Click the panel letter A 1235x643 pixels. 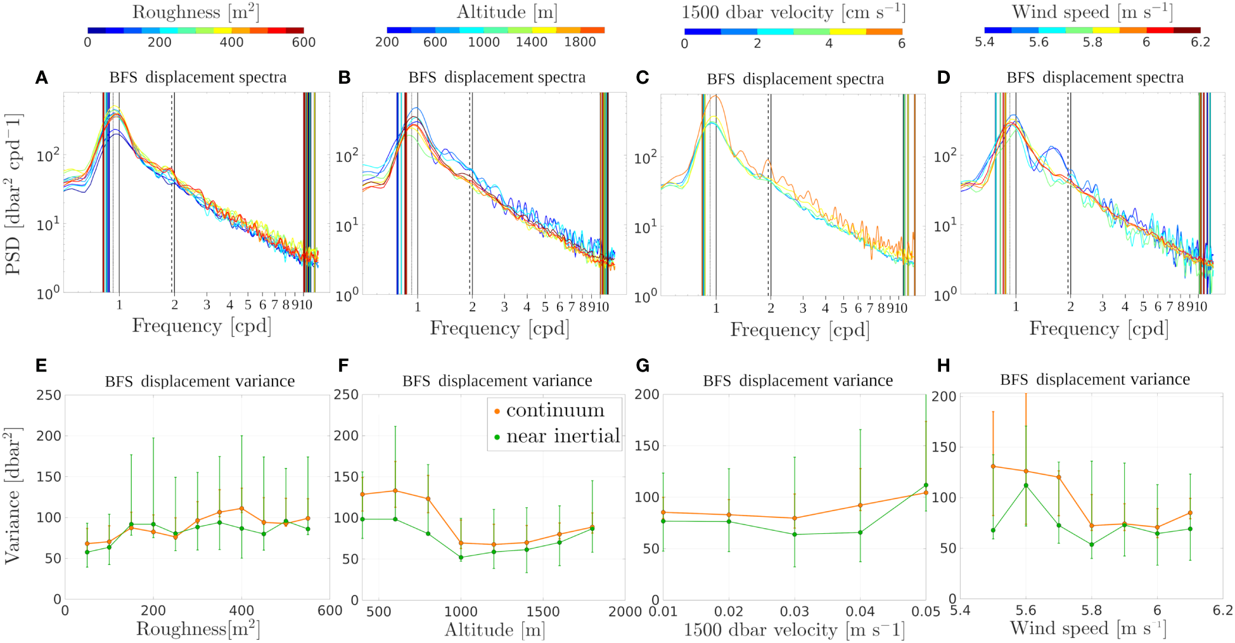click(41, 78)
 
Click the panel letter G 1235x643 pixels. click(643, 366)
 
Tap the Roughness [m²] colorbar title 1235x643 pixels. click(195, 12)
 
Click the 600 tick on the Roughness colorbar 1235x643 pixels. click(304, 42)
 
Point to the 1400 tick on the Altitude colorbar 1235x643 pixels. click(531, 42)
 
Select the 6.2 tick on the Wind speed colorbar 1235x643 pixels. click(1200, 42)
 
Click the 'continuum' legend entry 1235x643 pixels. click(554, 411)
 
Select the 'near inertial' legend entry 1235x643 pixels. click(562, 436)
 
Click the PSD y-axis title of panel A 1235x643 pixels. click(13, 194)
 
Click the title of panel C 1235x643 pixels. click(795, 79)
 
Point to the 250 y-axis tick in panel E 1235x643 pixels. click(49, 395)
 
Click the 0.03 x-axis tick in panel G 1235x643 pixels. click(794, 612)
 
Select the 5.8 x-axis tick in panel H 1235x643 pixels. click(1091, 611)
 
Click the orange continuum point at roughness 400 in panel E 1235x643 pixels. click(241, 509)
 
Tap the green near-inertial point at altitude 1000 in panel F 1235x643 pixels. click(461, 557)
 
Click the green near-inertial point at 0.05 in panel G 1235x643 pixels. click(926, 485)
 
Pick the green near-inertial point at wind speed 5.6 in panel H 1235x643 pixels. click(1026, 485)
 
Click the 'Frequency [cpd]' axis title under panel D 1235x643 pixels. click(1098, 328)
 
